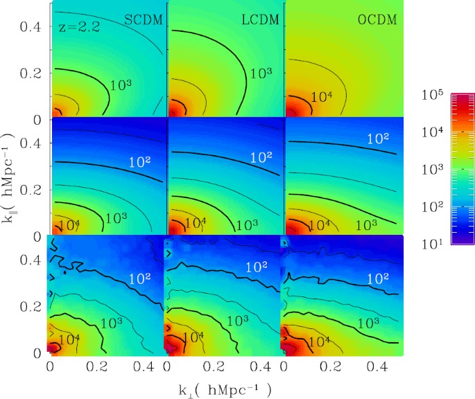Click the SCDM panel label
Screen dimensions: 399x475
pos(144,20)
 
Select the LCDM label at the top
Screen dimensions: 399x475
pos(259,20)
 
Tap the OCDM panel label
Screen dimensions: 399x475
pos(377,20)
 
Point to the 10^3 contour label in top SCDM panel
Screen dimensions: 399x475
pos(122,85)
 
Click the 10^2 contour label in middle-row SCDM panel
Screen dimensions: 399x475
pos(141,162)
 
